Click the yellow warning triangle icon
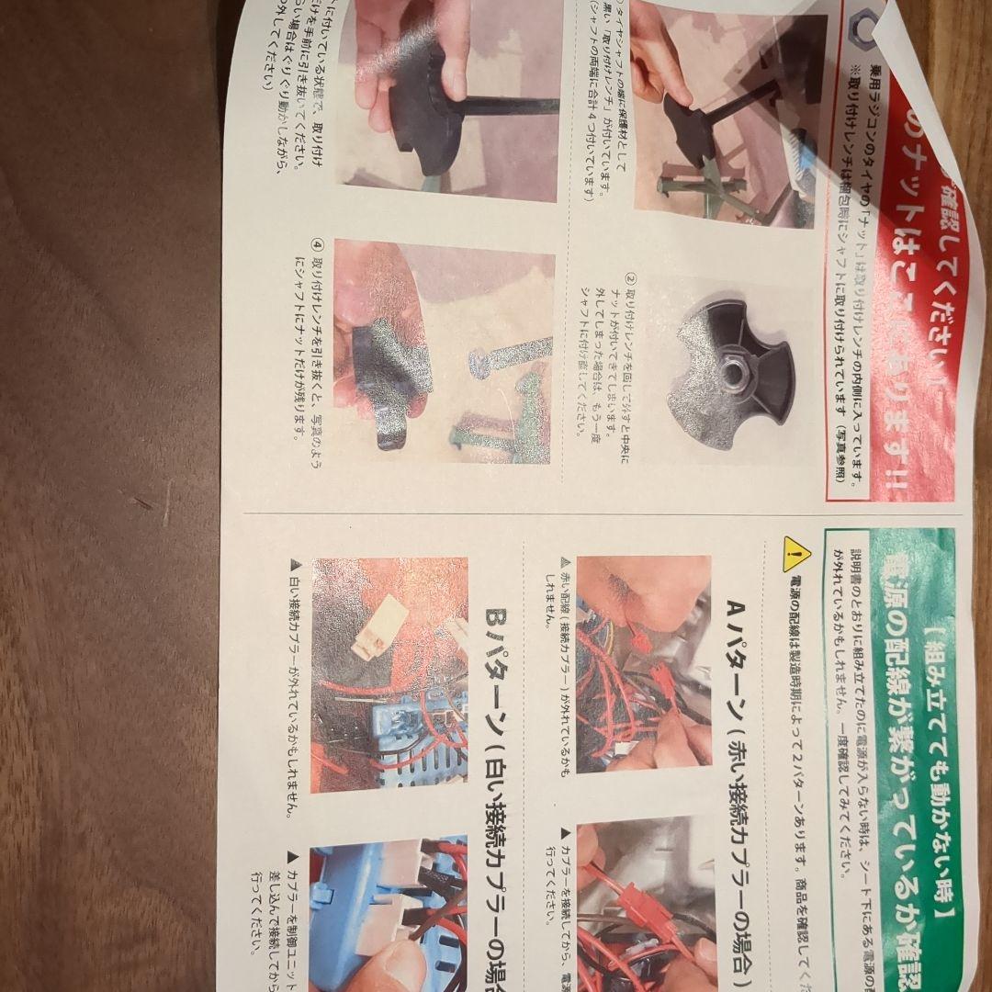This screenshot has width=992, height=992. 796,553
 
